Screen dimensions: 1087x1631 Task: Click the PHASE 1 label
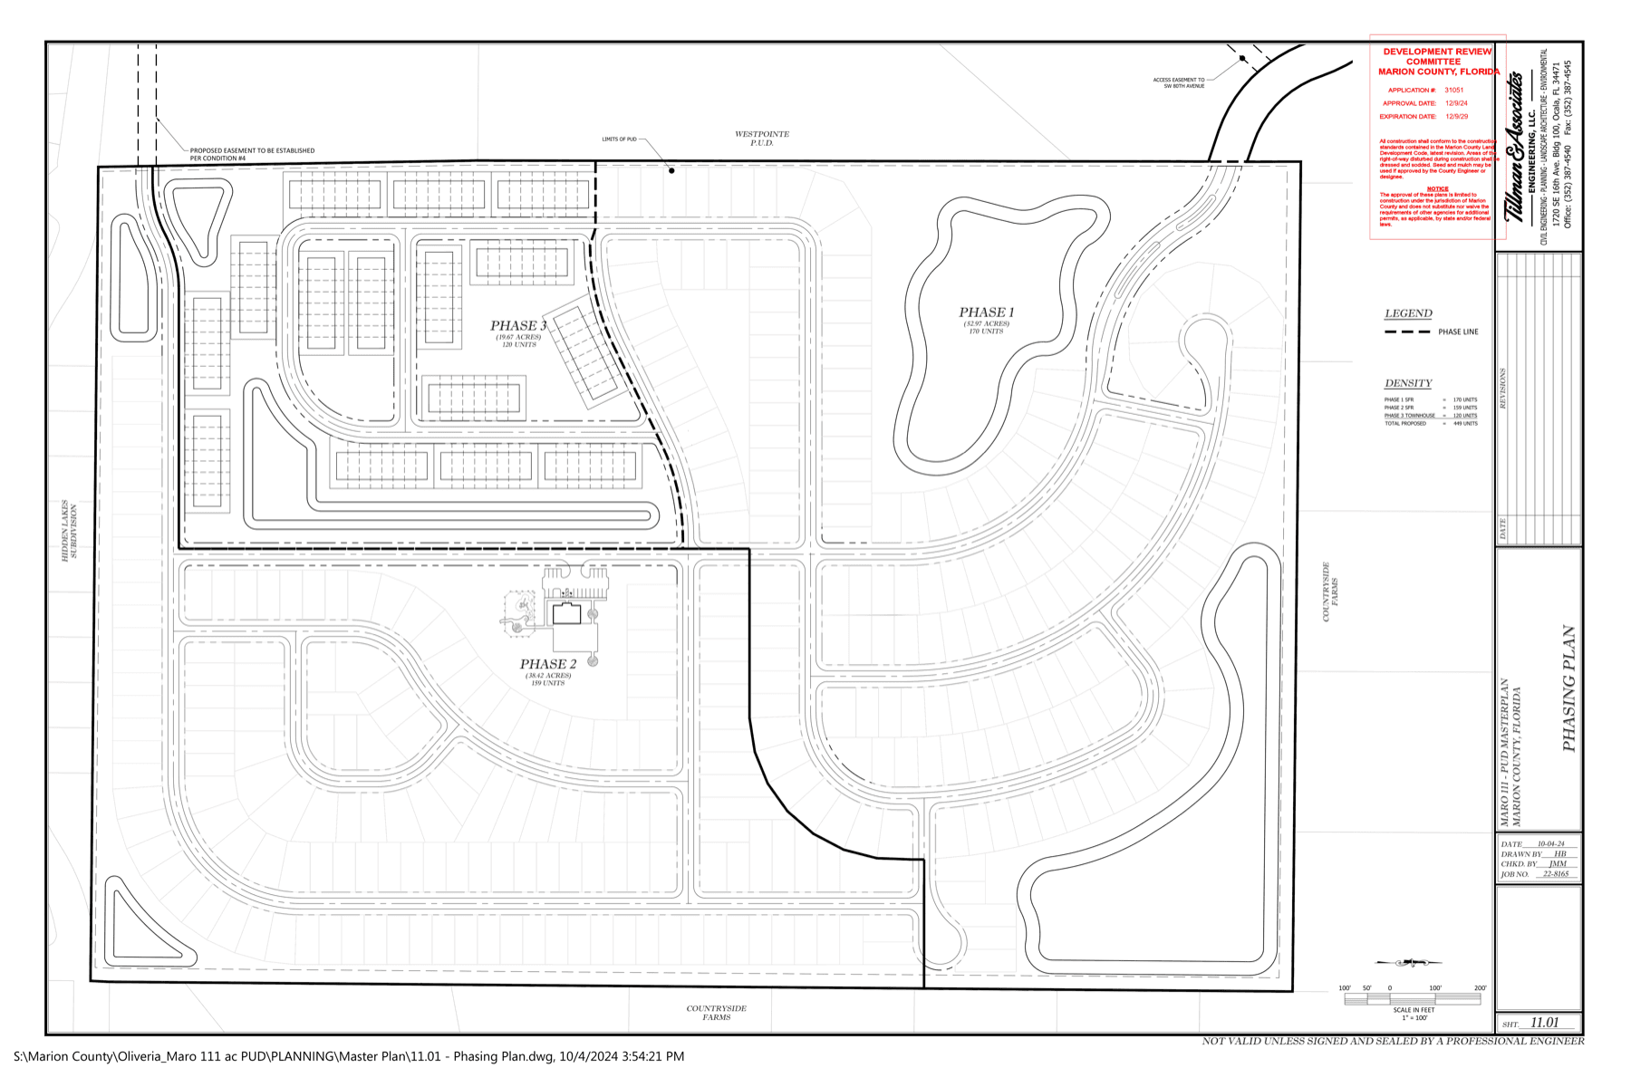pos(986,313)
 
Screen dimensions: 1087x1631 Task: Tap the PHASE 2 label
pos(547,665)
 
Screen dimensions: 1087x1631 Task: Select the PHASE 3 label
pos(518,326)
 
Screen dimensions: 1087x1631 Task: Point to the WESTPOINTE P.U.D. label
pos(761,139)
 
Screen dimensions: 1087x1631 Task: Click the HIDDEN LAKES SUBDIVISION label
pos(70,531)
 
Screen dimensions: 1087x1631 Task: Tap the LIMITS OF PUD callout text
pos(619,139)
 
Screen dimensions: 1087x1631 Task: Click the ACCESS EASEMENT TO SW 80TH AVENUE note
pos(1178,82)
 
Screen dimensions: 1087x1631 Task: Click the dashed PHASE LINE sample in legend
pos(1407,332)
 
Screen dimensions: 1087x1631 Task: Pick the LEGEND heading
pos(1408,313)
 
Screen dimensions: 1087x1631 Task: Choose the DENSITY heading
pos(1408,383)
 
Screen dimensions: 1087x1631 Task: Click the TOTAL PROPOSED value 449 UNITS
pos(1465,424)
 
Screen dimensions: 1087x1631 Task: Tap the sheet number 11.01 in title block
pos(1544,1023)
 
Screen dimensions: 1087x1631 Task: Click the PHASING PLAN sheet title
pos(1569,688)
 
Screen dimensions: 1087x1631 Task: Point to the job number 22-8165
pos(1556,874)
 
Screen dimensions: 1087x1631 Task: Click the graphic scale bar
pos(1412,999)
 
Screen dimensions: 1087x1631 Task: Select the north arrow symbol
pos(1408,963)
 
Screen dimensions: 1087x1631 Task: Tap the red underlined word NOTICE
pos(1437,189)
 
